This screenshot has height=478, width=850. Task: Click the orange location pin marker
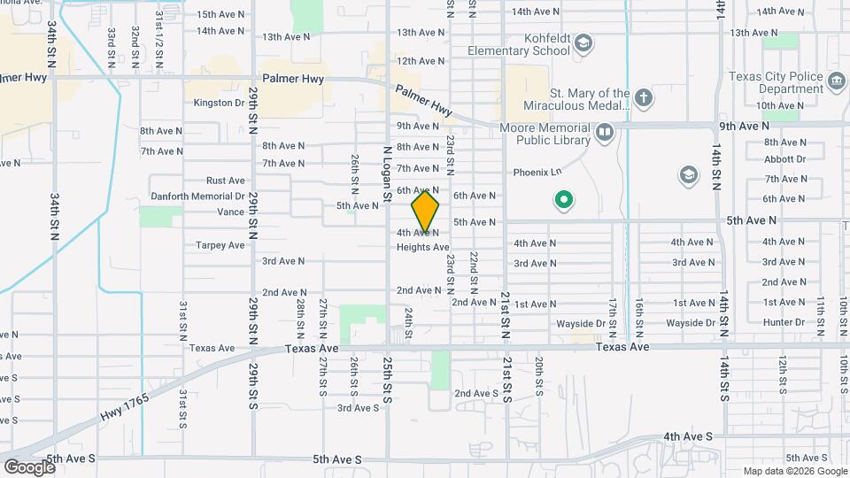click(425, 211)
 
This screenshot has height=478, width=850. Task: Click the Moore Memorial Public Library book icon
click(605, 133)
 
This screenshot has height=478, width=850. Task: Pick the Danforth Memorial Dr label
click(197, 196)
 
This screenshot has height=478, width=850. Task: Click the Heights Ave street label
click(422, 247)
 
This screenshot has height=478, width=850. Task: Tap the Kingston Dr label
click(219, 103)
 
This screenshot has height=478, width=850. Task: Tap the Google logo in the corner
click(28, 466)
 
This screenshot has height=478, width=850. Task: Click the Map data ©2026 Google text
click(793, 471)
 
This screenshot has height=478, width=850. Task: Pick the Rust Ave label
click(225, 181)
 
